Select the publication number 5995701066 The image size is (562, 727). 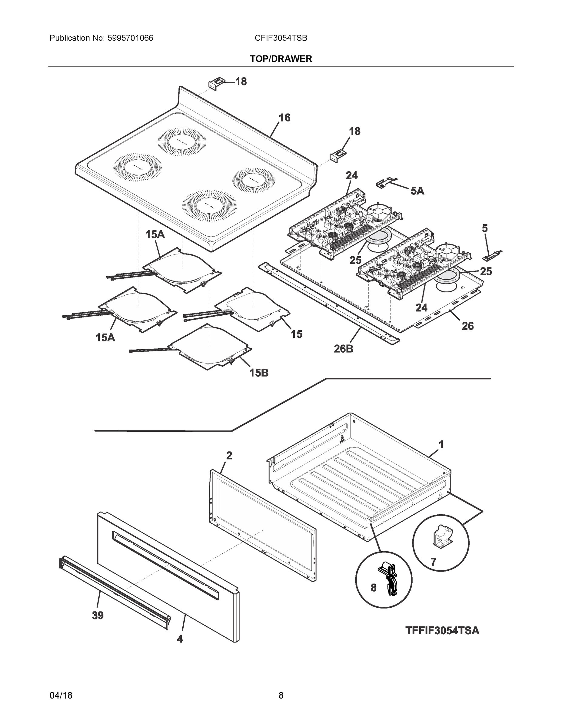[x=130, y=38]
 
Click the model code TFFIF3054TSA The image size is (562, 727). [x=442, y=630]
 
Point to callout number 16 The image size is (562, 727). [x=284, y=118]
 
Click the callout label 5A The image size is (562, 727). [x=417, y=191]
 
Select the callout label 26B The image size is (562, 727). [x=343, y=349]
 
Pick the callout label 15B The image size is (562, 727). [x=259, y=373]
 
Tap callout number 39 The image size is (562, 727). [x=98, y=616]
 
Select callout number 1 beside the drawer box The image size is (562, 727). [x=441, y=444]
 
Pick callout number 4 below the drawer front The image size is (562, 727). [x=180, y=639]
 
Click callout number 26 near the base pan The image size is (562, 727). [x=467, y=326]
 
